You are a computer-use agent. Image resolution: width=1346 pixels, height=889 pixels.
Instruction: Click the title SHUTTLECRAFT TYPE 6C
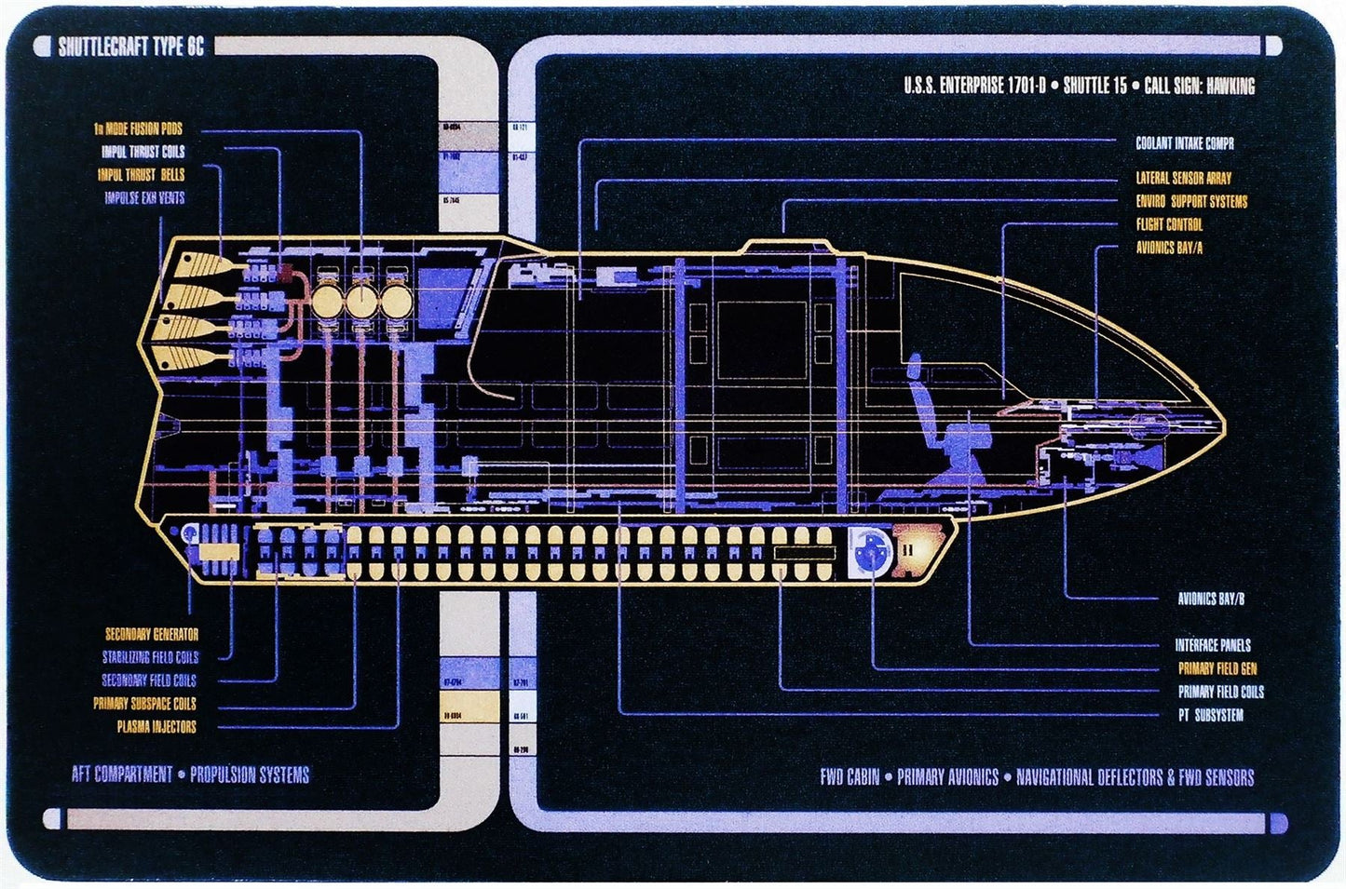130,47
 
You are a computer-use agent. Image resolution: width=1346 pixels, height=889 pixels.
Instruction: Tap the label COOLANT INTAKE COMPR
1184,143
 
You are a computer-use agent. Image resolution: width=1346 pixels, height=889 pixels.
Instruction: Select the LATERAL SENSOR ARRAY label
1183,178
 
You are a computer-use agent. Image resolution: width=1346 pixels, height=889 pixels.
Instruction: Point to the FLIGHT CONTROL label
1169,224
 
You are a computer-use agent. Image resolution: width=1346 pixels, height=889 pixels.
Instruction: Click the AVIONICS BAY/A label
1169,248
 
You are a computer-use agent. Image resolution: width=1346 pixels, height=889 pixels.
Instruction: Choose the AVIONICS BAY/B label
1210,599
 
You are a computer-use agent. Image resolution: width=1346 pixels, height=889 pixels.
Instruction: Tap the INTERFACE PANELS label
1212,645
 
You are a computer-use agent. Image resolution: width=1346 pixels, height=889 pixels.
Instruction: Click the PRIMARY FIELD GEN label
1217,668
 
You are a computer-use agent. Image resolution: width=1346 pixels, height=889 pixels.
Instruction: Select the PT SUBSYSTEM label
1210,715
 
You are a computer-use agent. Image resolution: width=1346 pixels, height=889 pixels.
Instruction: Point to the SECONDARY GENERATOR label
151,634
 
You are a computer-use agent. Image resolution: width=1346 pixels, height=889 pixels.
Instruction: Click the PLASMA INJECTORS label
156,727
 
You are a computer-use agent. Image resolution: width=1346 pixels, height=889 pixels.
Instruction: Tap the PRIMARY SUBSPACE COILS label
144,704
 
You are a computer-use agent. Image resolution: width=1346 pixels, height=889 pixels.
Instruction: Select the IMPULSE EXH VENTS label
144,197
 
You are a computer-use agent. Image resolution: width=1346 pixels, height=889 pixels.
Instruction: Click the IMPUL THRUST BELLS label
141,174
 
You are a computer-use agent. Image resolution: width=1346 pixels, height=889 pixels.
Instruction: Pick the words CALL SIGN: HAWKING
1199,87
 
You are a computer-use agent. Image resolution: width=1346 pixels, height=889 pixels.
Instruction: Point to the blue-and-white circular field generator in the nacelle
871,551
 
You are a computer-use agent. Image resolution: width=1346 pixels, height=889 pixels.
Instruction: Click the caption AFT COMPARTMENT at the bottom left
122,775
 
